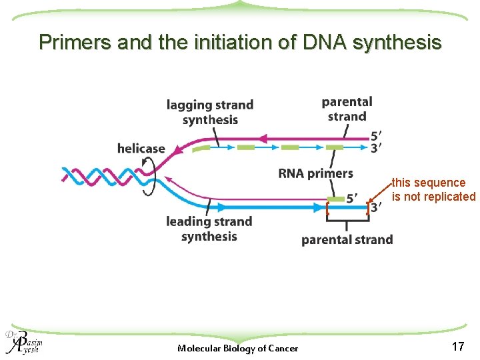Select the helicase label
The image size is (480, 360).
pos(141,148)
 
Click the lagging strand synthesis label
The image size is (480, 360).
pos(210,112)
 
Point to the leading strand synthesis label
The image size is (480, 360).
pos(209,229)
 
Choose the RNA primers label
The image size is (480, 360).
pos(315,173)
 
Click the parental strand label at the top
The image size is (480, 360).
pos(347,109)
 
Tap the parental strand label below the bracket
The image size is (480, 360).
pos(347,239)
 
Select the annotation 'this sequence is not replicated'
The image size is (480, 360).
pos(433,189)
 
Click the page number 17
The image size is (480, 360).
pos(458,346)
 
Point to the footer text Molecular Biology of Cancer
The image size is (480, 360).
pos(238,348)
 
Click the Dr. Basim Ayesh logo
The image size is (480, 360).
pos(23,341)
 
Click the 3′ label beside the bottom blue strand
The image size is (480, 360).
pos(377,207)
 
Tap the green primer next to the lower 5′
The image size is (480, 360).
pos(336,199)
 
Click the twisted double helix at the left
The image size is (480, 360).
pos(100,176)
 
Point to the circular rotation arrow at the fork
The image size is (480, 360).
pos(151,178)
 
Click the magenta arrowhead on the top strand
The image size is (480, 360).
pos(263,139)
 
